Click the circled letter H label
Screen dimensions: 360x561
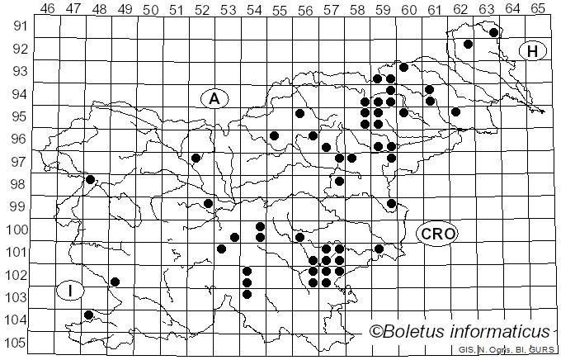pos(533,51)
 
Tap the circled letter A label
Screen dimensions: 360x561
pos(214,98)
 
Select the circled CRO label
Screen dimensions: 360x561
pos(437,234)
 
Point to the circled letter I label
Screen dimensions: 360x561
pos(72,290)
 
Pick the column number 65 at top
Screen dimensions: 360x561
pos(538,9)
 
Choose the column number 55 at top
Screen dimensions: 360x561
pos(280,9)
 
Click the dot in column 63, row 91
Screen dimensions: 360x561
pos(493,32)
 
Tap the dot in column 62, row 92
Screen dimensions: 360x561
pos(468,44)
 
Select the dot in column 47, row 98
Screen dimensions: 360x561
pos(90,179)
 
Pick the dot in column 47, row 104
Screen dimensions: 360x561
pos(88,315)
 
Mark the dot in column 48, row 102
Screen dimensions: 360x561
pos(115,282)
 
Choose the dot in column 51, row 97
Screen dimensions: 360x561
pos(196,157)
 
